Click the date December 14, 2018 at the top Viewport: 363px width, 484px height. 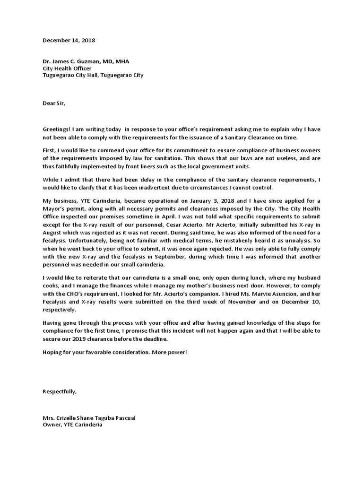click(x=69, y=41)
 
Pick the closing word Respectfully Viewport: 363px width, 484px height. click(x=60, y=392)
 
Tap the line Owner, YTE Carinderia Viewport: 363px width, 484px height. click(x=72, y=424)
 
